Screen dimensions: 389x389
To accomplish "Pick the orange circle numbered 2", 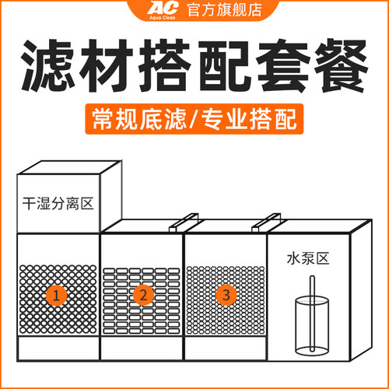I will click(142, 295).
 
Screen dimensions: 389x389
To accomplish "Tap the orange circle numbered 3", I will click(226, 295).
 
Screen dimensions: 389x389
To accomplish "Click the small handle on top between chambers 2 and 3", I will click(181, 225).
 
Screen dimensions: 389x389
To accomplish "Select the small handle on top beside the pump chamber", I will click(264, 225).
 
